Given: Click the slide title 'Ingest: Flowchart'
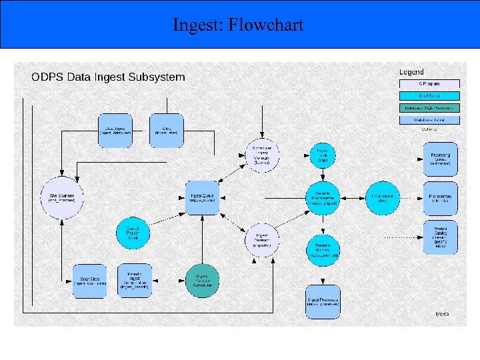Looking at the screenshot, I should click(x=238, y=25).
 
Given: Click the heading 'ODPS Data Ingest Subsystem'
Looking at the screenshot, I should click(x=108, y=77).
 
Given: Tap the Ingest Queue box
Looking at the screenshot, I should click(x=201, y=197).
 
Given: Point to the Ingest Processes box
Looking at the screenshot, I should click(x=323, y=302).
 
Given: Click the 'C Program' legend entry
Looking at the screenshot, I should click(x=429, y=84).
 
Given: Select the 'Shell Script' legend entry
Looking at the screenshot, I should click(x=429, y=96).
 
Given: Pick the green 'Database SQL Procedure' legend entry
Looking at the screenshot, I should click(x=429, y=108).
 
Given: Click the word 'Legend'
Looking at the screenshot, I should click(x=411, y=72).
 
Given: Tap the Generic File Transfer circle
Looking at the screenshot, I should click(x=323, y=197).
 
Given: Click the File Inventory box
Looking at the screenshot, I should click(x=440, y=197).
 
